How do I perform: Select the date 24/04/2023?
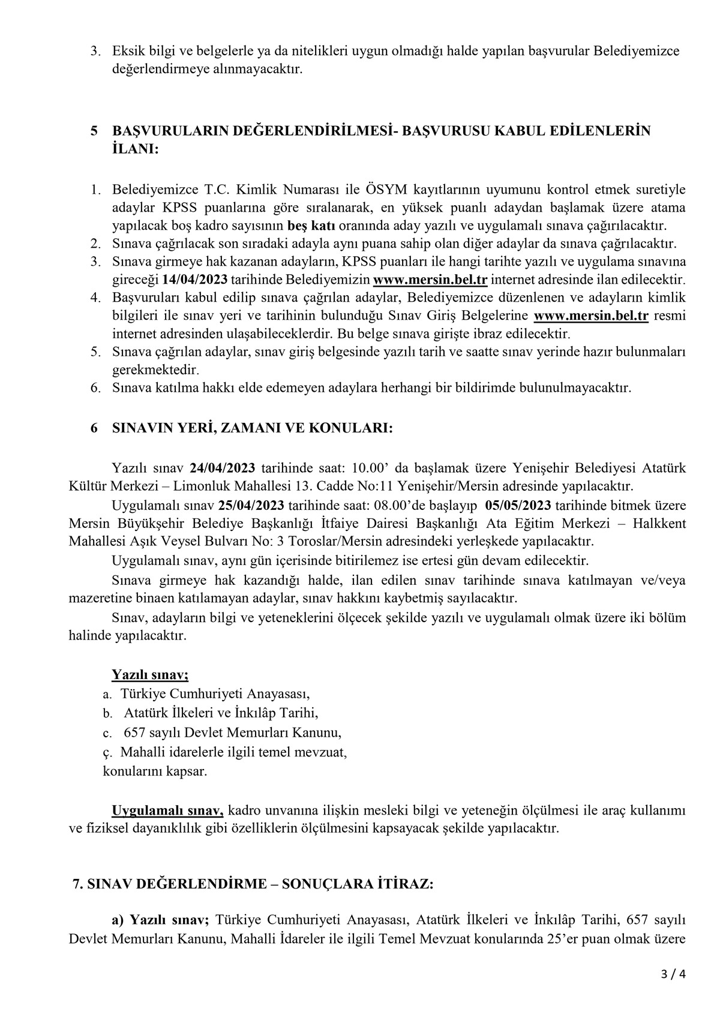pyautogui.click(x=223, y=467)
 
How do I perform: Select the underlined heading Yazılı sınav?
pyautogui.click(x=150, y=674)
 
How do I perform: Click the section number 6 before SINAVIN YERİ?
pyautogui.click(x=94, y=428)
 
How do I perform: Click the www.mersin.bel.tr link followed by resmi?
pyautogui.click(x=590, y=316)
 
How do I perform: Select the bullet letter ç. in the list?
pyautogui.click(x=107, y=752)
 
